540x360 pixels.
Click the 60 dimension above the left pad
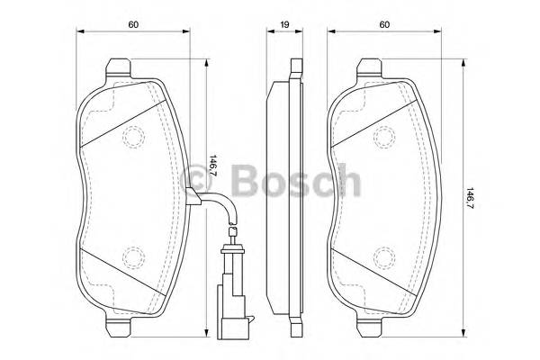(132, 25)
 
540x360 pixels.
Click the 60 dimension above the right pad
(385, 25)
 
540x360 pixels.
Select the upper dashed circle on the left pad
(133, 138)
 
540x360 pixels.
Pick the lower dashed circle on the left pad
(133, 256)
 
